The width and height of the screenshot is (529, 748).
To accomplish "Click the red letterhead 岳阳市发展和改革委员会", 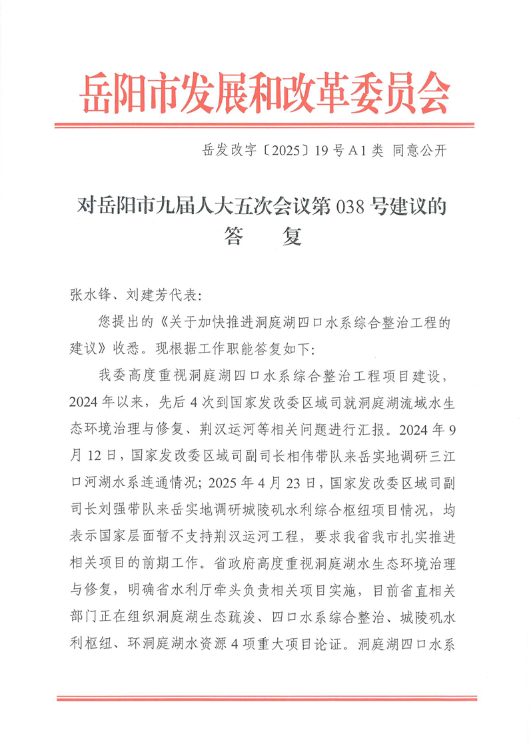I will coord(264,93).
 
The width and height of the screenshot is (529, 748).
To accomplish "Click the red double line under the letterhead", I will coord(264,125).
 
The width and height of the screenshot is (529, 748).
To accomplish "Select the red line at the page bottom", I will coord(264,699).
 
